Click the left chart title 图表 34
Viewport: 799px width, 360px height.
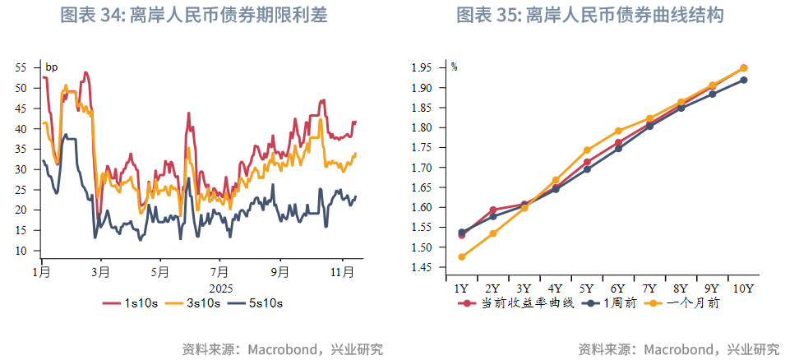click(x=194, y=16)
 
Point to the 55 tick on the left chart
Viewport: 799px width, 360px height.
click(x=21, y=67)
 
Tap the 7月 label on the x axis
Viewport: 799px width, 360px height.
click(x=219, y=271)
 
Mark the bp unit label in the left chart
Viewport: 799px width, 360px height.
click(x=51, y=67)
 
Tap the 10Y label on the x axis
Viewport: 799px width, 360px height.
click(x=743, y=288)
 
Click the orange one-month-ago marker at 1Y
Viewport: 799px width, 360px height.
click(x=461, y=256)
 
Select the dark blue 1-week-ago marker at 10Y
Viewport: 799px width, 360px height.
click(x=743, y=80)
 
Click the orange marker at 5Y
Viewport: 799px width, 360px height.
click(x=587, y=150)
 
